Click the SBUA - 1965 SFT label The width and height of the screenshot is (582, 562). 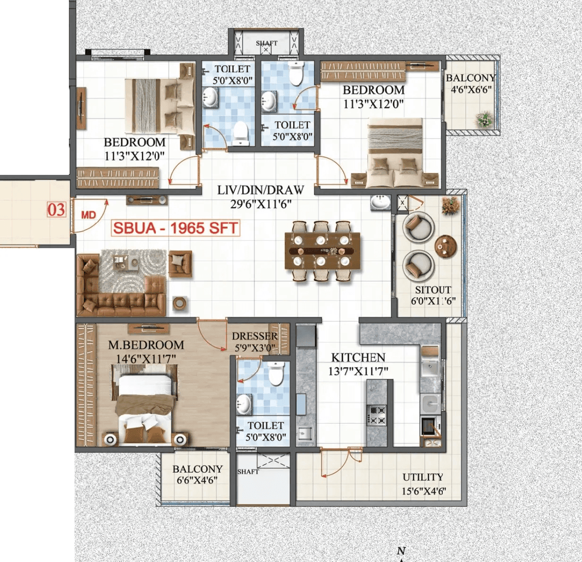click(x=175, y=228)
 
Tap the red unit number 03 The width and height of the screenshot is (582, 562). click(x=56, y=209)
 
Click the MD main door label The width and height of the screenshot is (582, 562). click(x=88, y=215)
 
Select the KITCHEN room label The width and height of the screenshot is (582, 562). click(x=358, y=358)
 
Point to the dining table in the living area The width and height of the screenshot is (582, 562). click(x=322, y=251)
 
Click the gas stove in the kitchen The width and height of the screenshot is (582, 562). click(x=377, y=415)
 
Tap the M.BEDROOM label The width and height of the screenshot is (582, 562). click(x=146, y=345)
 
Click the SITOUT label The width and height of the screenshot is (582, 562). click(x=433, y=290)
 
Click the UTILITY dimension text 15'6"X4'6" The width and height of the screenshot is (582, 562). click(x=423, y=491)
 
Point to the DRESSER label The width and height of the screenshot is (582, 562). click(x=254, y=336)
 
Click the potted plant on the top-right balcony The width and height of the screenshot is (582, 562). click(x=484, y=119)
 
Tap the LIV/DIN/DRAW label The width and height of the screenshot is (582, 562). click(x=261, y=190)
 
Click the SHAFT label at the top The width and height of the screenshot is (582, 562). click(x=266, y=43)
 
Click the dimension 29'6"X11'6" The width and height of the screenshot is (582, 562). click(x=261, y=204)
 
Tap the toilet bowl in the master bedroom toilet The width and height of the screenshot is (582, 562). click(x=276, y=373)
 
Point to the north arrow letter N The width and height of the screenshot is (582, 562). click(x=401, y=551)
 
